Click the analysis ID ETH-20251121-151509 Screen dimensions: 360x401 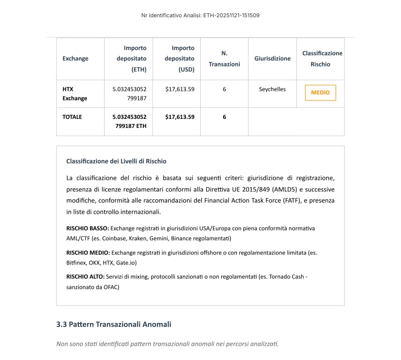[x=231, y=15]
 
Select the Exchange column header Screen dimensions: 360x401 [x=75, y=58]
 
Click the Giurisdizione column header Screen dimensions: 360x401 [x=272, y=58]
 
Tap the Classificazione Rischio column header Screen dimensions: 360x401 [x=322, y=58]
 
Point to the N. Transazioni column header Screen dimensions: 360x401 [x=224, y=58]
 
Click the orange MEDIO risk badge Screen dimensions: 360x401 [x=320, y=93]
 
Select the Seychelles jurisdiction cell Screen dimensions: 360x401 [x=272, y=89]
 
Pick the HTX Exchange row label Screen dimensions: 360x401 [x=75, y=93]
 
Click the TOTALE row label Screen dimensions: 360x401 [x=72, y=117]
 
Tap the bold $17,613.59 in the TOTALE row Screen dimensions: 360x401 [x=179, y=117]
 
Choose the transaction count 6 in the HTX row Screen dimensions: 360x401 [x=224, y=89]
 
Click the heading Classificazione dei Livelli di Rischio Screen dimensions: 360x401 [x=116, y=161]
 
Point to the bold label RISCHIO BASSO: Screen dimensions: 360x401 [x=87, y=228]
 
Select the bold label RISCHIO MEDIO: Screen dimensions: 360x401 [x=88, y=252]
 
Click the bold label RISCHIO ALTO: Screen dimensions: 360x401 [x=85, y=277]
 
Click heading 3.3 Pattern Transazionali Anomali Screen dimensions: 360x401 [x=113, y=324]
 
